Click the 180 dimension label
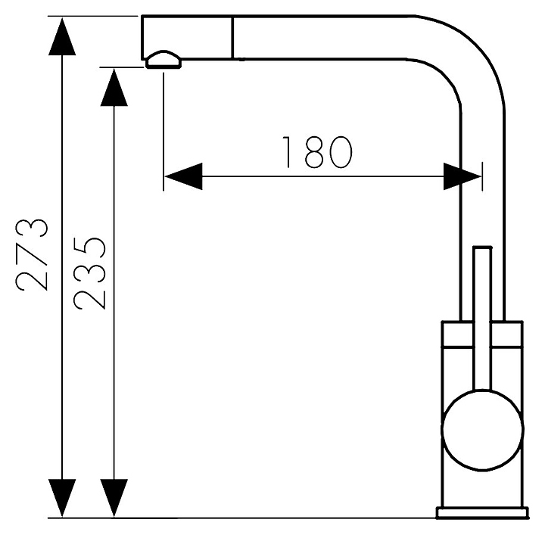coord(317,152)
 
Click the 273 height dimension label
coord(32,254)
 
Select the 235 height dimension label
coord(89,273)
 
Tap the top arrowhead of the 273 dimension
coord(62,36)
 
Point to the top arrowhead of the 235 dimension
coord(114,87)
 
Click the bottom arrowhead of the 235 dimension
coord(114,498)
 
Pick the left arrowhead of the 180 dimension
coord(183,176)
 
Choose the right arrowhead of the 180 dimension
coord(462,176)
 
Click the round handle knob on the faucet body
coord(482,430)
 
